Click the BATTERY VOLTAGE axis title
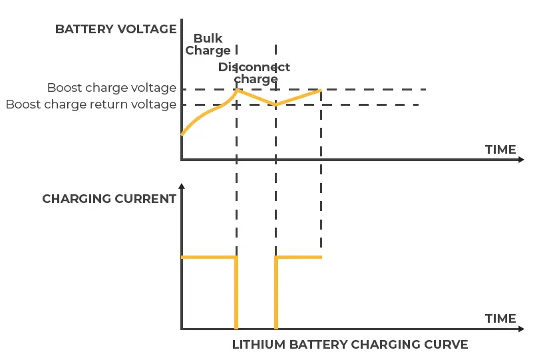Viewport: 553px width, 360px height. click(116, 29)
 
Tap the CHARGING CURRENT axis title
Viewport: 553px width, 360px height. click(109, 199)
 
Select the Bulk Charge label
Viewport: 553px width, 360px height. click(208, 45)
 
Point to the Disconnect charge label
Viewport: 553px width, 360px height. click(255, 73)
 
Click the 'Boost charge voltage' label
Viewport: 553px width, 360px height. click(111, 88)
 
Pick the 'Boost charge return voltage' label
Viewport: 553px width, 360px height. click(91, 104)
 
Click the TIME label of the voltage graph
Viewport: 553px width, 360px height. click(500, 150)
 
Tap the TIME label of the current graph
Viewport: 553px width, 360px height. click(500, 319)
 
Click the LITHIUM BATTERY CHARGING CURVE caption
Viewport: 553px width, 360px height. click(350, 345)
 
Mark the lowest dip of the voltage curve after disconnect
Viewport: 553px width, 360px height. click(276, 104)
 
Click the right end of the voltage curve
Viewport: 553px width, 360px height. click(321, 89)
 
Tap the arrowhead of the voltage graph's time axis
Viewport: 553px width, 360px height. click(521, 160)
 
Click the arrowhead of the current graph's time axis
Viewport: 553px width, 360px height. click(521, 329)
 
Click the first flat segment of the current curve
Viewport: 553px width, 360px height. click(208, 257)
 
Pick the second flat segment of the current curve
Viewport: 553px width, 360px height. click(299, 257)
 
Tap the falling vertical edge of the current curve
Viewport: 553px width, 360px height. click(236, 293)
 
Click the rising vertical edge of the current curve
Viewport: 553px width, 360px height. click(276, 293)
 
